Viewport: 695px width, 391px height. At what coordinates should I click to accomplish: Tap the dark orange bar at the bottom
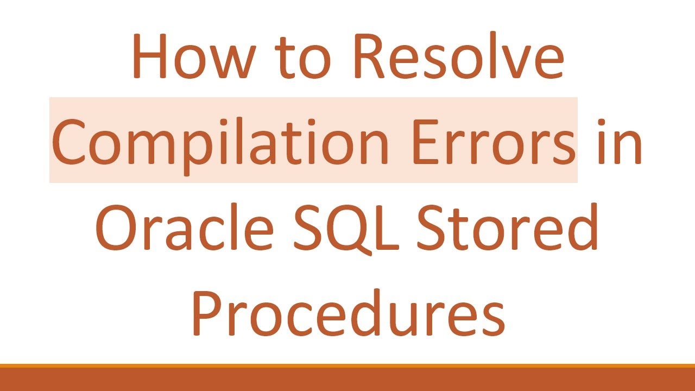point(347,380)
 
